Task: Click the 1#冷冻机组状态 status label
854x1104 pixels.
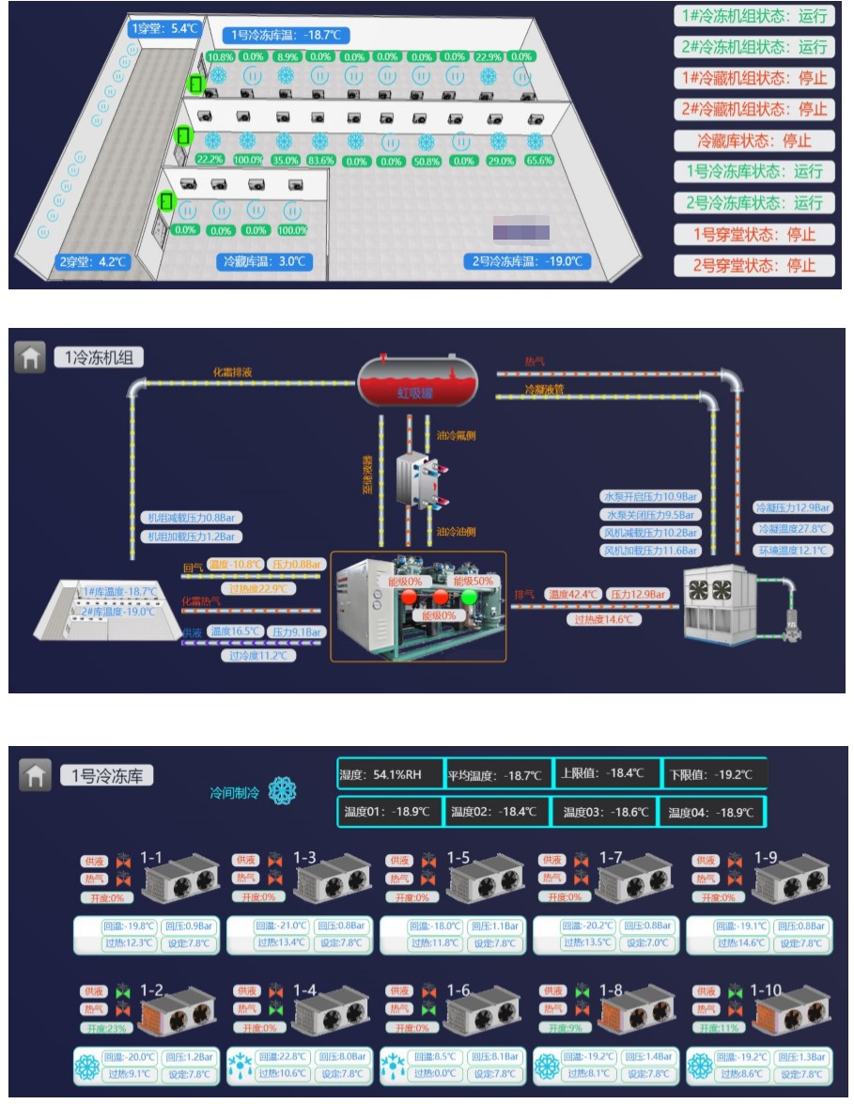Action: tap(753, 16)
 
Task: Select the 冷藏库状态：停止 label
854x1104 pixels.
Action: tap(753, 141)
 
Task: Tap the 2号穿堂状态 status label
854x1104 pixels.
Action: tap(753, 265)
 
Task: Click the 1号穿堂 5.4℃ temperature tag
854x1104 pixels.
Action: tap(165, 28)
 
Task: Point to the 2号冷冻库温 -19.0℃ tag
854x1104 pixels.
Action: tap(526, 261)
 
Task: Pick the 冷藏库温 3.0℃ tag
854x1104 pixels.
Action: tap(266, 261)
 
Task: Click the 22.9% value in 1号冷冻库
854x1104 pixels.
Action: tap(489, 56)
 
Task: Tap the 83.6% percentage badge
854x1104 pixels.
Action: tap(320, 161)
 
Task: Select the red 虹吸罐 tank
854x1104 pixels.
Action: tap(417, 378)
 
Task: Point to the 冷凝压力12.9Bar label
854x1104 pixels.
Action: tap(793, 507)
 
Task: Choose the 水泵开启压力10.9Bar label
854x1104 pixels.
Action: tap(650, 497)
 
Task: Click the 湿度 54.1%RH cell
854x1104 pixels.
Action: tap(388, 775)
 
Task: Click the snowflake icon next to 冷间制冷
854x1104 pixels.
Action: tap(282, 792)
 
